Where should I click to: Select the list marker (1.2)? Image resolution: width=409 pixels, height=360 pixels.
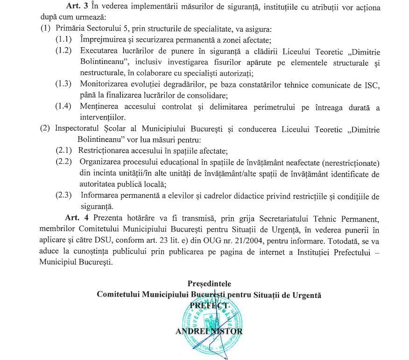pos(63,50)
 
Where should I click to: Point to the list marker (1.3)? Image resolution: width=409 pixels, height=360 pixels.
pos(63,84)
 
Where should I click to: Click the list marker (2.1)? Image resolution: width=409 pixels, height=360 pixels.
pos(63,151)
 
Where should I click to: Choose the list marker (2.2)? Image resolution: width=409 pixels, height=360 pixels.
pos(63,162)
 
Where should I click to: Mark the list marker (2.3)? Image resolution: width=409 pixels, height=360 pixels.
pos(63,195)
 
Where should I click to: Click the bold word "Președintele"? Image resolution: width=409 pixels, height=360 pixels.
pos(209,283)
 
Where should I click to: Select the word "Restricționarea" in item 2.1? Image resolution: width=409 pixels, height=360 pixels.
pos(106,151)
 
